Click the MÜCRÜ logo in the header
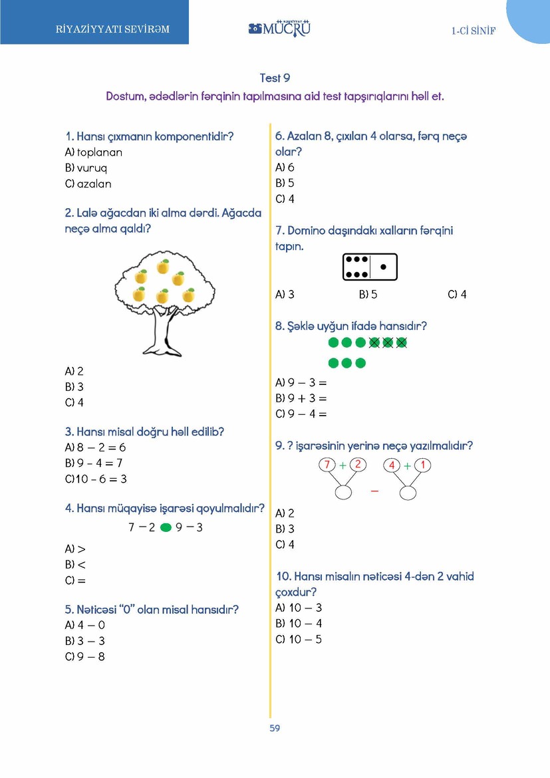click(279, 29)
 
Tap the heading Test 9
click(275, 78)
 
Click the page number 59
click(275, 727)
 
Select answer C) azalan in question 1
click(88, 184)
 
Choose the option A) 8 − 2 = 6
click(95, 448)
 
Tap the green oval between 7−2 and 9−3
click(166, 527)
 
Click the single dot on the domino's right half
click(383, 267)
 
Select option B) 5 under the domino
click(368, 294)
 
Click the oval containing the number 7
click(327, 464)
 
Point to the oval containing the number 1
click(424, 464)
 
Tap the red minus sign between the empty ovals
click(374, 491)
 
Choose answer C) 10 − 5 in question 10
click(299, 639)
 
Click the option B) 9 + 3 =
click(301, 398)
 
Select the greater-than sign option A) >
click(76, 549)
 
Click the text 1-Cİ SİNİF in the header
click(474, 31)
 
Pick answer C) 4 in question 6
click(285, 199)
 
